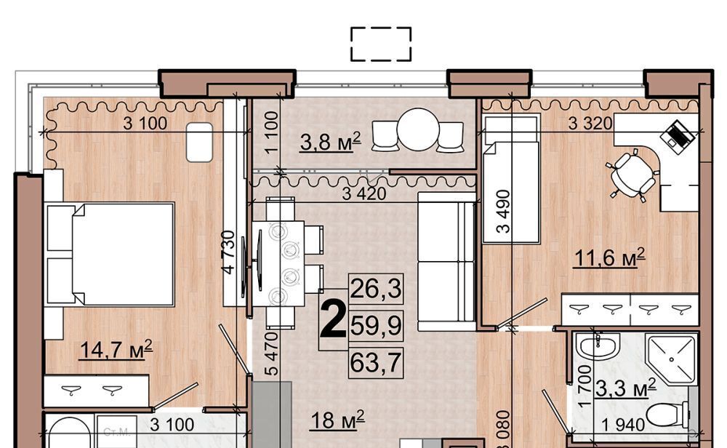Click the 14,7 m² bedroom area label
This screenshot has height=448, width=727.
point(116,350)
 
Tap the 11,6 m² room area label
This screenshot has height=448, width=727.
point(609,258)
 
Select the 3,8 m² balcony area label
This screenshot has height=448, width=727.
point(330,142)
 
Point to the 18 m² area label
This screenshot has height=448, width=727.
point(337,420)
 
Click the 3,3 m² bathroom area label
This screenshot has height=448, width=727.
point(625,388)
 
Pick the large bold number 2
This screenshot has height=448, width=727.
point(333,319)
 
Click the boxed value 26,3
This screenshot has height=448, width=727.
point(376,289)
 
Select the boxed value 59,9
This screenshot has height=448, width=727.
point(376,325)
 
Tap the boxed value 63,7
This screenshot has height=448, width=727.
point(376,362)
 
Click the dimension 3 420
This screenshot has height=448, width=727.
point(364,194)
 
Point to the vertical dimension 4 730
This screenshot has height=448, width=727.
point(229,252)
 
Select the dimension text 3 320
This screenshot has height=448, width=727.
point(590,124)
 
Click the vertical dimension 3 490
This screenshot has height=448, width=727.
point(503,211)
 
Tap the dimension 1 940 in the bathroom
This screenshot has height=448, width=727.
point(623,425)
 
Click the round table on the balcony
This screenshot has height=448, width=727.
point(418,129)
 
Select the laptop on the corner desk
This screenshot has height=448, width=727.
point(678,134)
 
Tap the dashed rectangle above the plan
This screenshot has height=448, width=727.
point(381,44)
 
